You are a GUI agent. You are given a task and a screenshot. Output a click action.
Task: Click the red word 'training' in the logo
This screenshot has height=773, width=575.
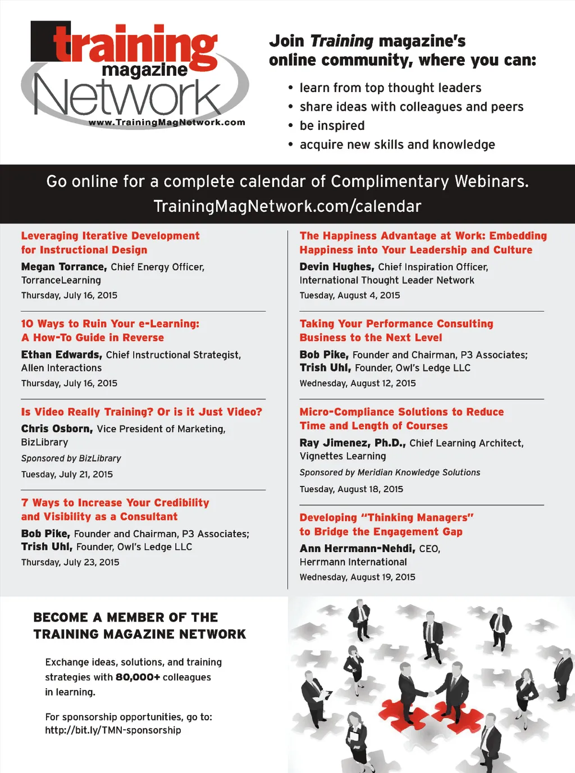click(135, 45)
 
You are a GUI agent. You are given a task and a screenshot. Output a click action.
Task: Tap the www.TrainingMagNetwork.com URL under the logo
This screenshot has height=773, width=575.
click(167, 122)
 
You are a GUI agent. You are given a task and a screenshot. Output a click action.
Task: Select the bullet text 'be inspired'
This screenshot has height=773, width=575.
click(332, 126)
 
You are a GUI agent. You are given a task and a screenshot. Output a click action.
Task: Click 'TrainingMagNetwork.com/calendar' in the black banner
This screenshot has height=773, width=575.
click(287, 206)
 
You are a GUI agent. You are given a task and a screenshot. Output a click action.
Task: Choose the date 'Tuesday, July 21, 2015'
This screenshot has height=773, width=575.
click(67, 474)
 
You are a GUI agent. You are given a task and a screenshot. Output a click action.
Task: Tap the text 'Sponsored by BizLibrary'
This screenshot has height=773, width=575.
click(71, 458)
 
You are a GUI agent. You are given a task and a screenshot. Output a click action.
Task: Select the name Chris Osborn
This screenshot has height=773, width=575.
click(57, 429)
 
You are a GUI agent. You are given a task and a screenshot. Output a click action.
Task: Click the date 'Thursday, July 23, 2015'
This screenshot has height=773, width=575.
click(70, 562)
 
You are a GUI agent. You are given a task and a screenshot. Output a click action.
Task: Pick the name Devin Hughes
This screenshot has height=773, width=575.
click(336, 267)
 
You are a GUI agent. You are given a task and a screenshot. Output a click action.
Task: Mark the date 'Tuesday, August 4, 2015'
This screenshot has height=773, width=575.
click(350, 295)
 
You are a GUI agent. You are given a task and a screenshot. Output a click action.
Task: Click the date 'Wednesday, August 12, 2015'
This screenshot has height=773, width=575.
click(358, 383)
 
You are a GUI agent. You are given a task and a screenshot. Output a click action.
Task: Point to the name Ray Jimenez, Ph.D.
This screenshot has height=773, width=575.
click(352, 443)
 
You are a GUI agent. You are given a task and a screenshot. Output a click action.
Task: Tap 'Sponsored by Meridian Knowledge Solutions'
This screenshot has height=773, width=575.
click(390, 472)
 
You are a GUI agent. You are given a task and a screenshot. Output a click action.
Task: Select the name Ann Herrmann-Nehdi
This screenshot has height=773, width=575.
click(357, 548)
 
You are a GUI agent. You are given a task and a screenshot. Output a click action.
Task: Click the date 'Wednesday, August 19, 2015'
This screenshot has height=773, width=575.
click(358, 577)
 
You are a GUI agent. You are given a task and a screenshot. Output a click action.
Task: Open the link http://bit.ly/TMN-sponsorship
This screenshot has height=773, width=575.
click(113, 730)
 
